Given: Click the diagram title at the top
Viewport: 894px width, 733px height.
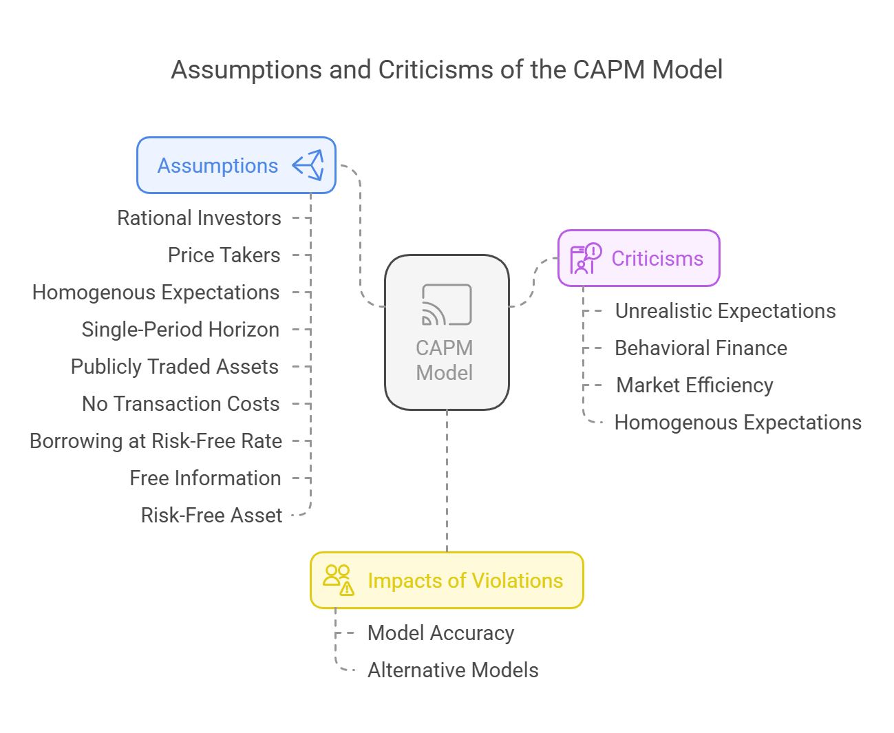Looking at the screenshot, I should (447, 70).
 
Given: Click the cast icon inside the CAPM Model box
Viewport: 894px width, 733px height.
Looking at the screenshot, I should (447, 304).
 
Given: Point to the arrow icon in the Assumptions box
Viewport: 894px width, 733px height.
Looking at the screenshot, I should (308, 165).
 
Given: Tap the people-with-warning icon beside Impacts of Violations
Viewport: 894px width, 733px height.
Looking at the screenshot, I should (339, 580).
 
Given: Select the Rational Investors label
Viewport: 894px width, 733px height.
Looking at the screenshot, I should (199, 218).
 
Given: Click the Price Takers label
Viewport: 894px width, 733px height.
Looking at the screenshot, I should (224, 255).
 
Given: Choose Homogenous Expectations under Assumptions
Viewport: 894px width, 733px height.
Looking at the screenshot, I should (156, 293).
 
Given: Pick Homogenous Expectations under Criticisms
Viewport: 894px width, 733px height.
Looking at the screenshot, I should (738, 423).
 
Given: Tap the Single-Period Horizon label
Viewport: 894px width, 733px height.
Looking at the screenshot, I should (180, 330).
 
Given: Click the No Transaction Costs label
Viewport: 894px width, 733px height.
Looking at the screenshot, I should (180, 404).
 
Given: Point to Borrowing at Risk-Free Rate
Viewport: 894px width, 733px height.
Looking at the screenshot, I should (156, 441).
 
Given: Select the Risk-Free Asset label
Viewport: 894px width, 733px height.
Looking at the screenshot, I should (211, 516).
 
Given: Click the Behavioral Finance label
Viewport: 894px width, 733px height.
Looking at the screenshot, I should (701, 348).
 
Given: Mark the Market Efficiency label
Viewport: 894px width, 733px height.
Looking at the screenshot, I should (694, 385).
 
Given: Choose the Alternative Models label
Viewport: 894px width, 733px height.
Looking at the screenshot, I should (453, 670).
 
